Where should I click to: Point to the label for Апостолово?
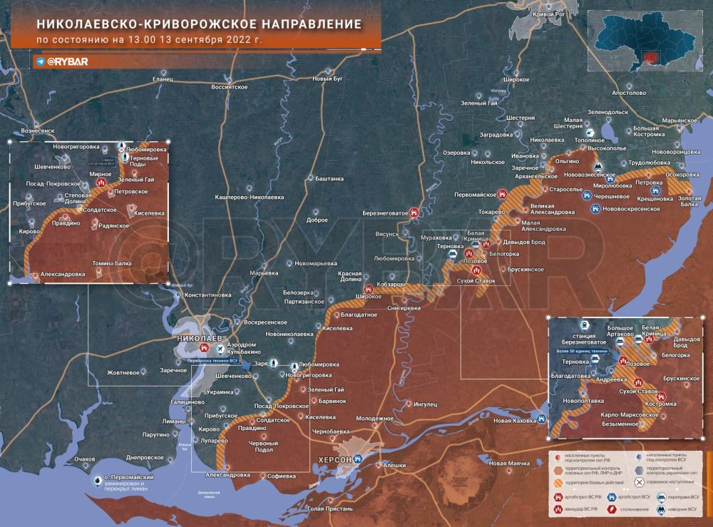pos(628,93)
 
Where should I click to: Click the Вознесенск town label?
pos(38,131)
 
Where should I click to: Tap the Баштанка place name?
pos(329,178)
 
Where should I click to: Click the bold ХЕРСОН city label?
pos(335,459)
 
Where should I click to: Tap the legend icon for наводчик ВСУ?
pos(660,508)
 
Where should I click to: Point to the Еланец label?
pos(163,79)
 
